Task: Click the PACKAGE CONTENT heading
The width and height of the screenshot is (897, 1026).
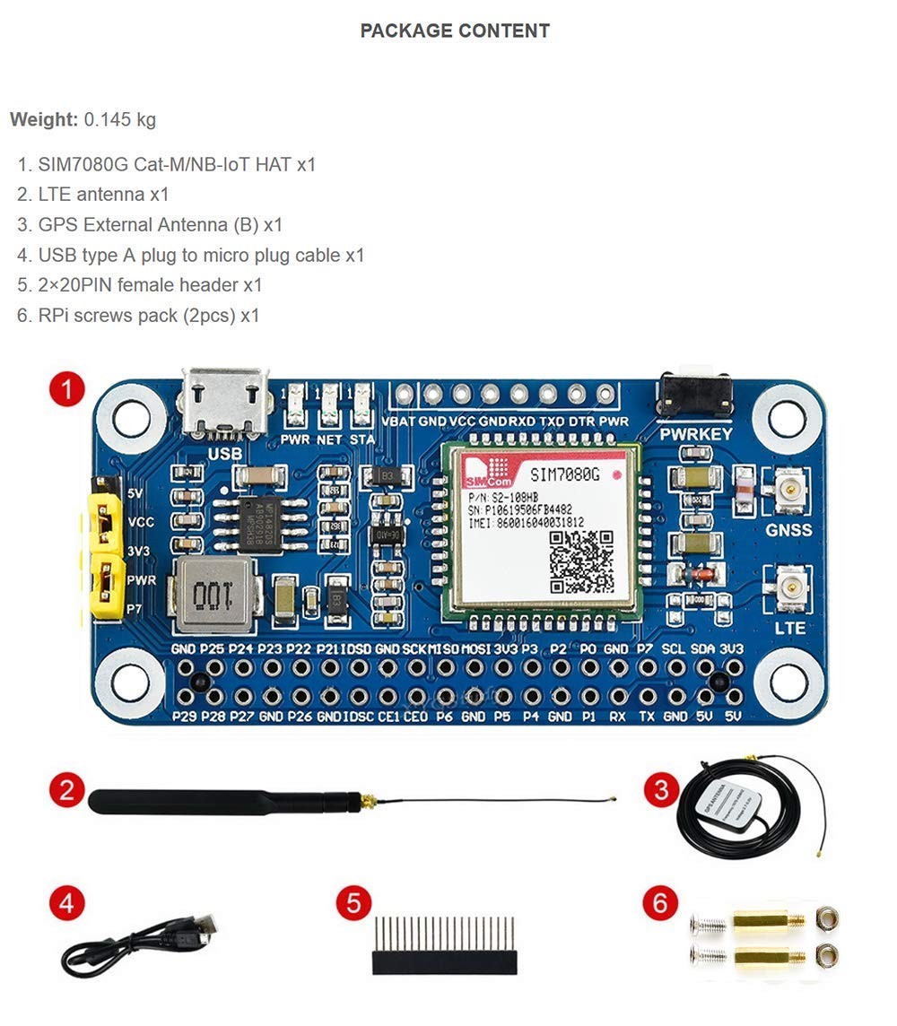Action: [455, 30]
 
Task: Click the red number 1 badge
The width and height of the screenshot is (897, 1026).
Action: [66, 390]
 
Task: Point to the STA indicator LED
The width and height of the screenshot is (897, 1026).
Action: [362, 405]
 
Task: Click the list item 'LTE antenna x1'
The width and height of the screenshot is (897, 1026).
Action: [103, 195]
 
